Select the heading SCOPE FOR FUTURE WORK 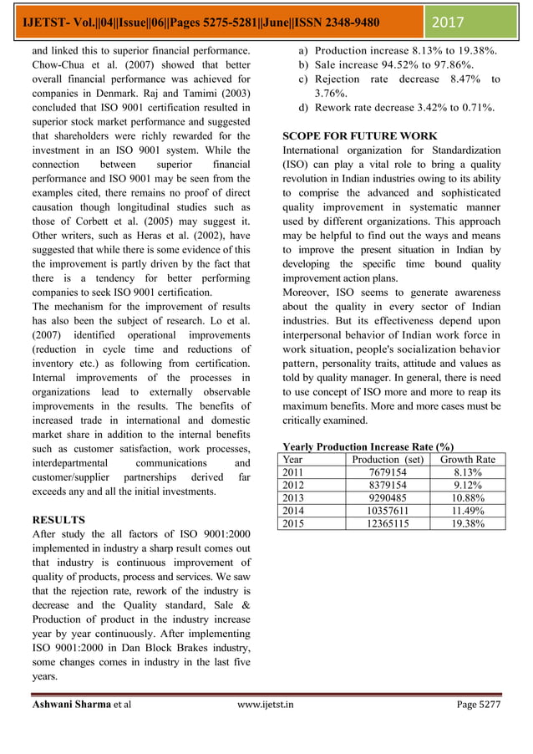click(x=359, y=135)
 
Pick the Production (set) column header click(x=388, y=460)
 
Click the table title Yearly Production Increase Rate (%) click(x=368, y=447)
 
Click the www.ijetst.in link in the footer click(x=266, y=705)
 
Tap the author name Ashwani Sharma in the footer click(x=70, y=705)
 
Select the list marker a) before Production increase click(x=305, y=51)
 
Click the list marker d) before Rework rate click(x=305, y=108)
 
